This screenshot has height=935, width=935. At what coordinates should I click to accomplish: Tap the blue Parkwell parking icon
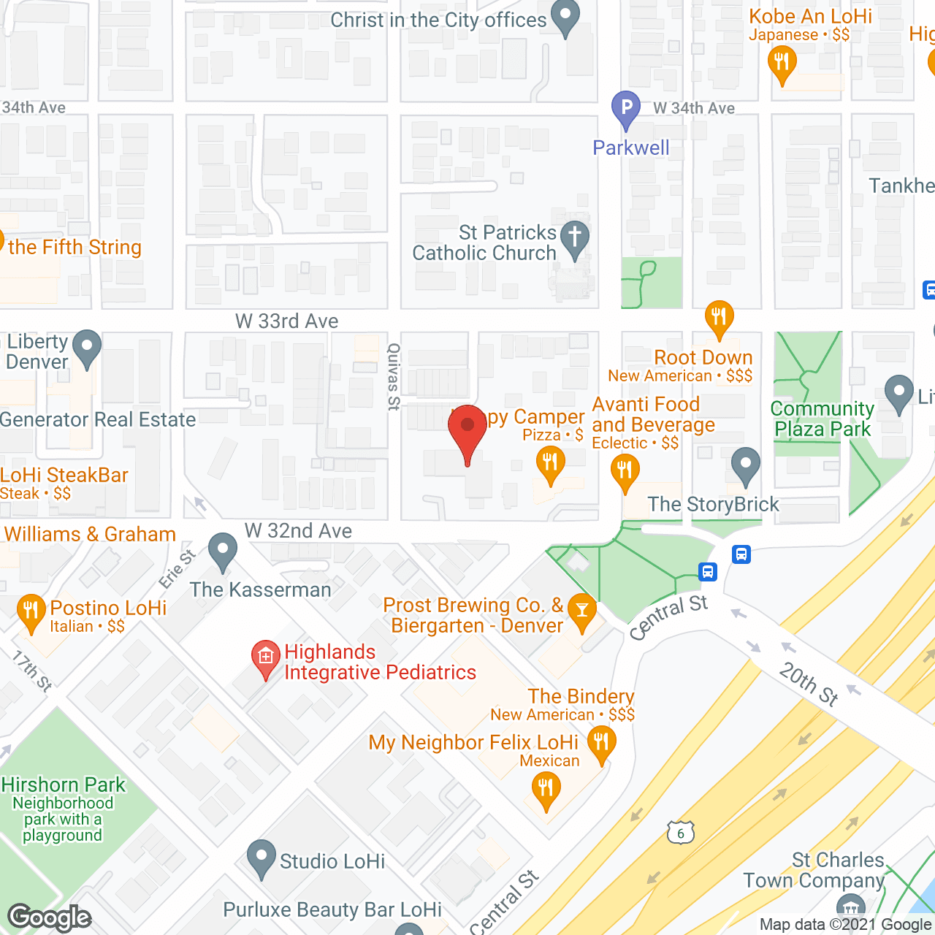[626, 108]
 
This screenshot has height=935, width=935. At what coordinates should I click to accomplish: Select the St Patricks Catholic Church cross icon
[575, 237]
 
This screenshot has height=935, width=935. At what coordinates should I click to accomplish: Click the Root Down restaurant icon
[719, 317]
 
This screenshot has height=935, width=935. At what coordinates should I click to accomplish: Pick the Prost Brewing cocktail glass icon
[581, 611]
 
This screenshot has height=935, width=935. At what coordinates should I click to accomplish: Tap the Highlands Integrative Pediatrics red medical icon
[266, 657]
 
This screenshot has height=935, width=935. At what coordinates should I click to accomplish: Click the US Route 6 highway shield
[680, 833]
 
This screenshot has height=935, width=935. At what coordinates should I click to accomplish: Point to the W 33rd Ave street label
[287, 321]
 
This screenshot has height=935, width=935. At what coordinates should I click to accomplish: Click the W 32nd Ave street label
[298, 531]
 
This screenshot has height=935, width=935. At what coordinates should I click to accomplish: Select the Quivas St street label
[394, 377]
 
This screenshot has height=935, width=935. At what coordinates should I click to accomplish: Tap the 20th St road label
[809, 683]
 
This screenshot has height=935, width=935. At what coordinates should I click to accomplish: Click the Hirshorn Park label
[64, 785]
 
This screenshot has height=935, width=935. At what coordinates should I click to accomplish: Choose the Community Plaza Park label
[823, 419]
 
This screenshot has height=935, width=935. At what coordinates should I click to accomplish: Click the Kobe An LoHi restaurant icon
[782, 63]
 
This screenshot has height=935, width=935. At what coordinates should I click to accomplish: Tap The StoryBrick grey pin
[745, 465]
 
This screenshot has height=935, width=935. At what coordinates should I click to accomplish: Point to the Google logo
[50, 917]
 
